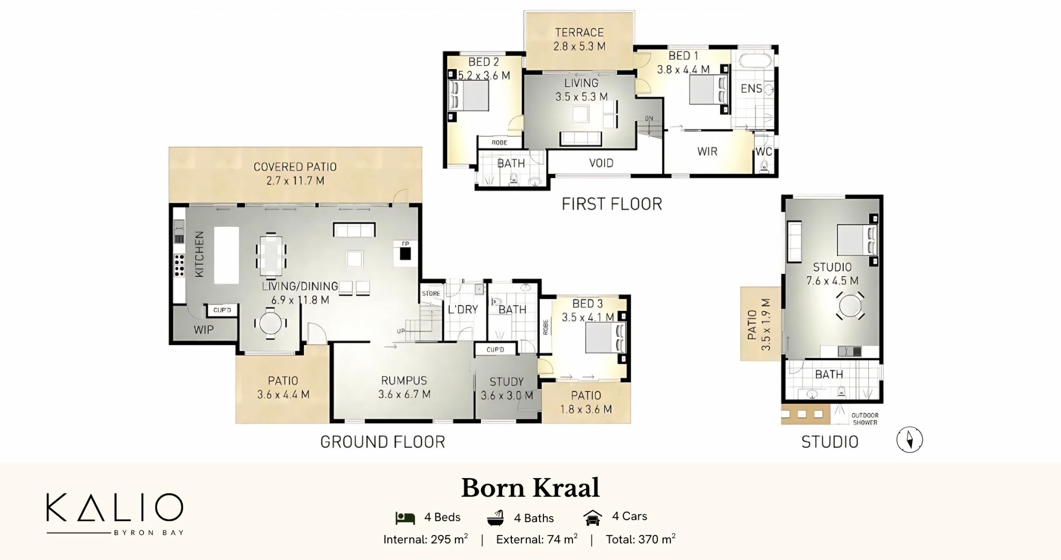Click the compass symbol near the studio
(x=910, y=439)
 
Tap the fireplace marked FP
(x=405, y=253)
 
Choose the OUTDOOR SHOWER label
(x=865, y=419)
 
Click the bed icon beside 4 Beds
(x=405, y=518)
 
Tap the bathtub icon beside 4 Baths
(x=495, y=518)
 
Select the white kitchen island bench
(x=226, y=255)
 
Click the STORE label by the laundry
(x=431, y=294)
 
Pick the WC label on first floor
(x=764, y=152)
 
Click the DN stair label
(x=649, y=119)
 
